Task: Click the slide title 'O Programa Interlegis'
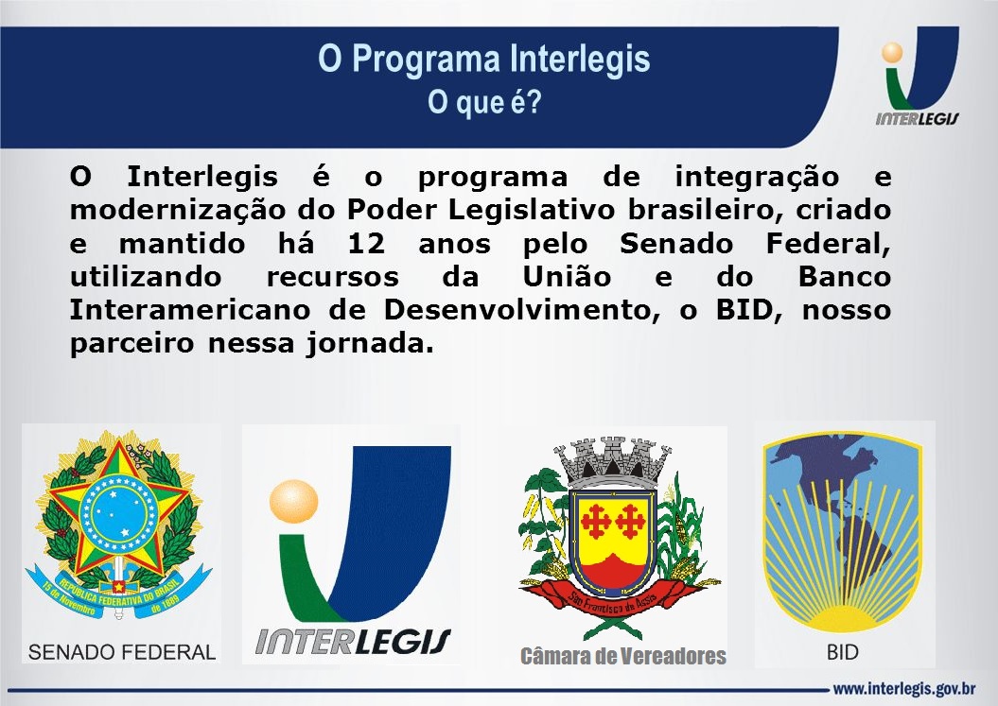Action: pos(484,59)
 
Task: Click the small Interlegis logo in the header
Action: pos(916,80)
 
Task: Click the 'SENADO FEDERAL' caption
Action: pos(123,651)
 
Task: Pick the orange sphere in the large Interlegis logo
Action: pos(293,502)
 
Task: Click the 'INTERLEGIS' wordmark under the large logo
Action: pos(353,640)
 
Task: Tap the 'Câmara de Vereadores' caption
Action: pos(623,656)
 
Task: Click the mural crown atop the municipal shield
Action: pos(612,457)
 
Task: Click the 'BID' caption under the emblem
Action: pos(842,652)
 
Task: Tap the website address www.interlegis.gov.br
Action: pos(903,687)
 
